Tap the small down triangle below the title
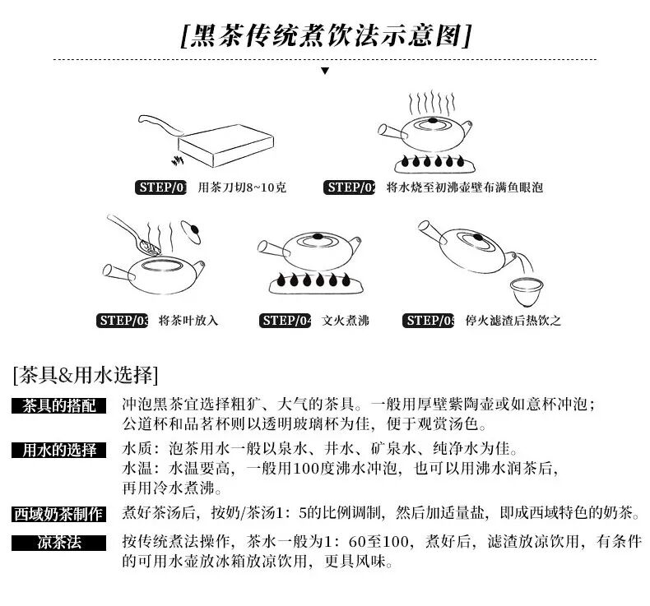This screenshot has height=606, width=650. pyautogui.click(x=325, y=71)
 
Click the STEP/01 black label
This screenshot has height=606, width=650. pyautogui.click(x=162, y=187)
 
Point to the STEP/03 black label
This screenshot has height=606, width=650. pyautogui.click(x=123, y=321)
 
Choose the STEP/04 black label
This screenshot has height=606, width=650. pyautogui.click(x=286, y=321)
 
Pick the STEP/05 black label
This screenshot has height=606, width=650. pyautogui.click(x=429, y=321)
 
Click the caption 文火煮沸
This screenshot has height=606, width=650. pyautogui.click(x=346, y=321)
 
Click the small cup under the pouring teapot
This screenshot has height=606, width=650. pyautogui.click(x=524, y=290)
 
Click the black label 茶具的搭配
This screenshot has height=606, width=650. pyautogui.click(x=59, y=405)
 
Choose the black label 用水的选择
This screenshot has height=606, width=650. pyautogui.click(x=59, y=450)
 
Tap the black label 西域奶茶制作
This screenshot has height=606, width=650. pyautogui.click(x=59, y=514)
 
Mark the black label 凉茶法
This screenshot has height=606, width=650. pyautogui.click(x=59, y=543)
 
